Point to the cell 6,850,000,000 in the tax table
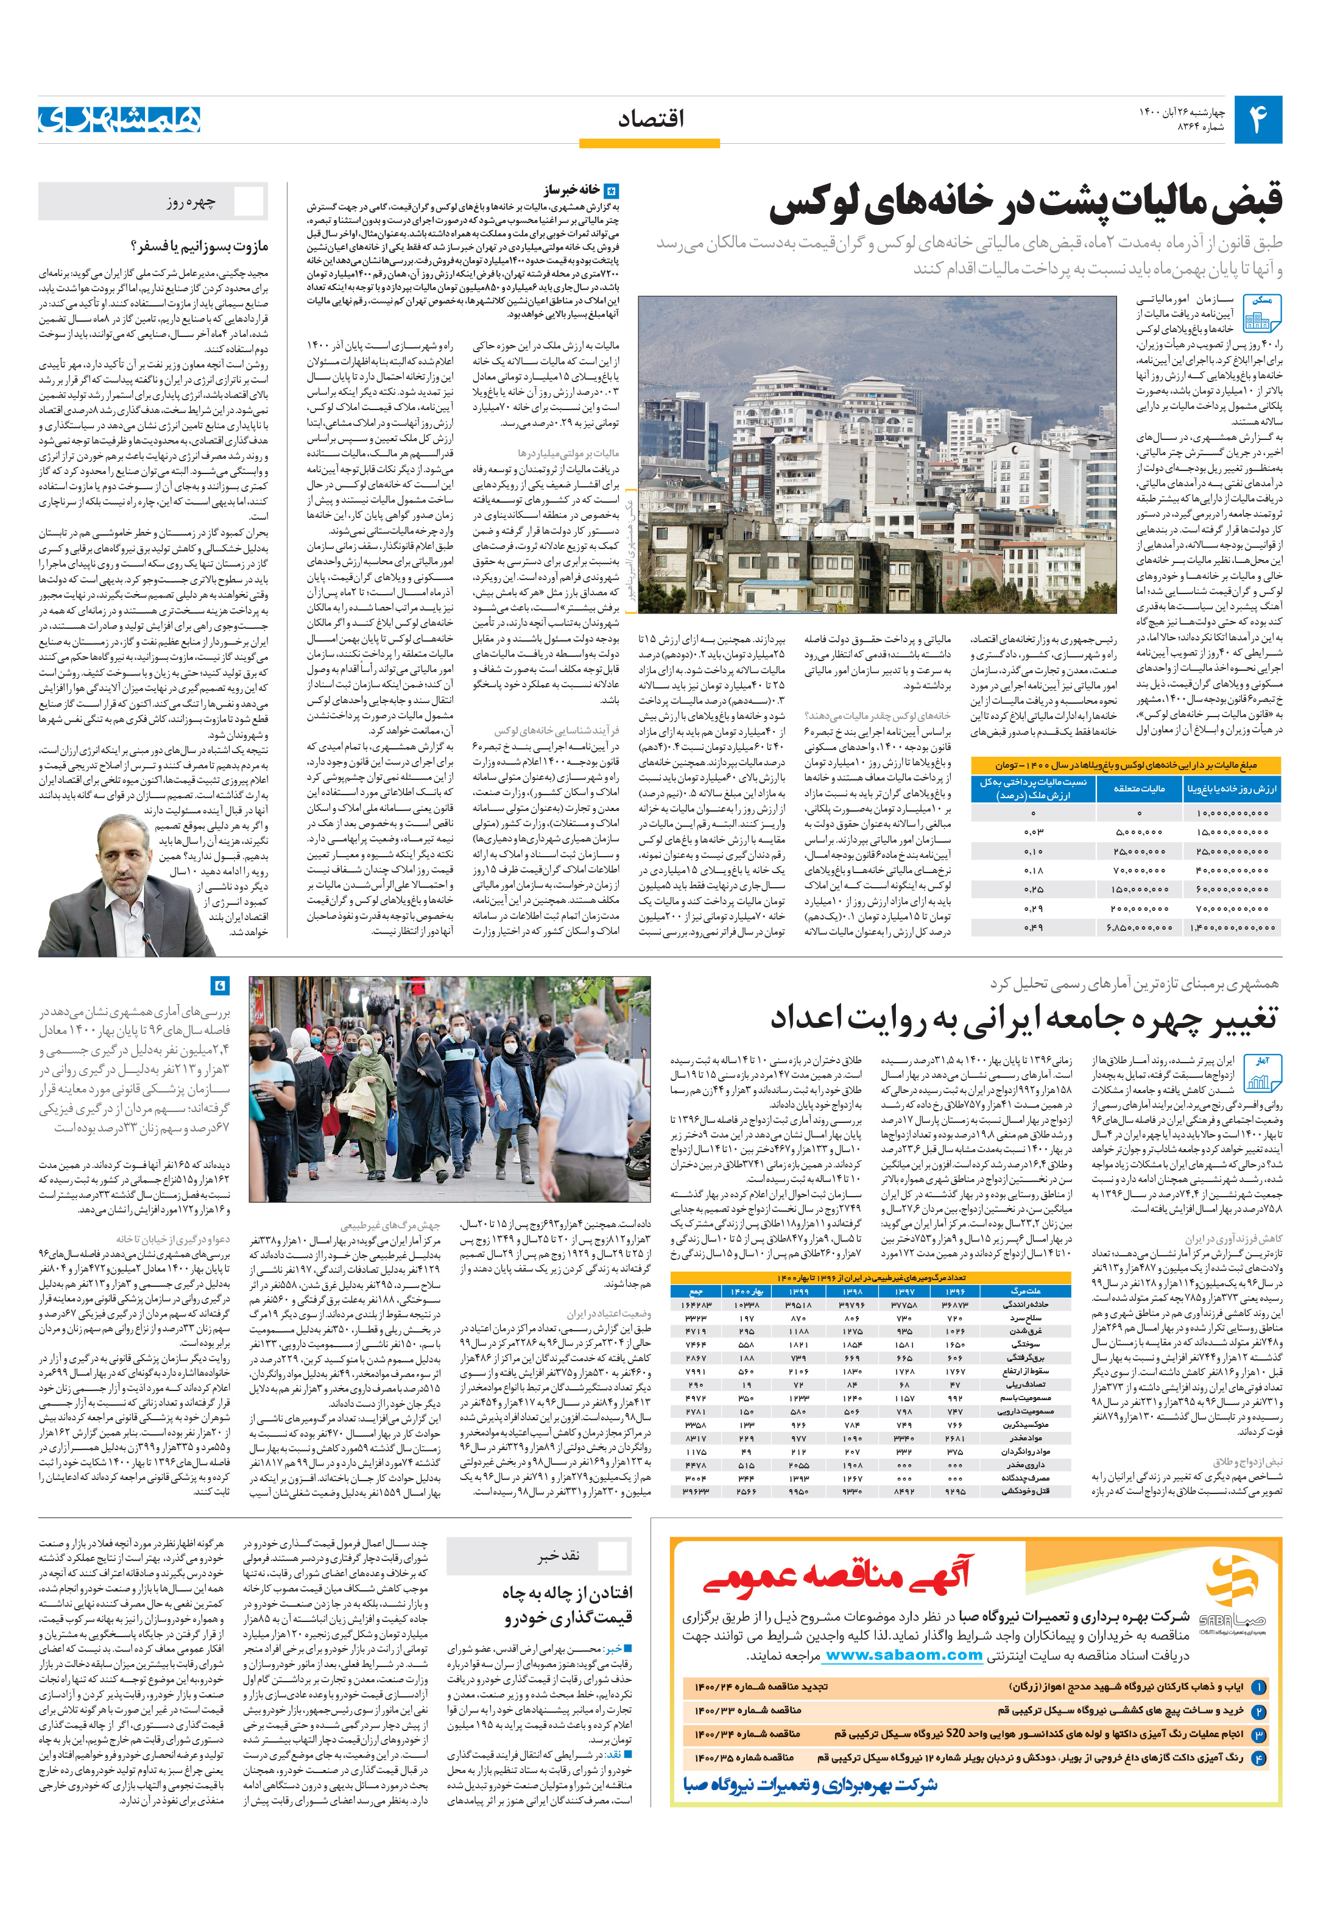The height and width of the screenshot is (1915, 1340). pos(1139,927)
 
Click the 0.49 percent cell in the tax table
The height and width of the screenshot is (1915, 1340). pos(1034,927)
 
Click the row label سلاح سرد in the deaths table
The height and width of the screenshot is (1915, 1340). pos(1026,1317)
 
